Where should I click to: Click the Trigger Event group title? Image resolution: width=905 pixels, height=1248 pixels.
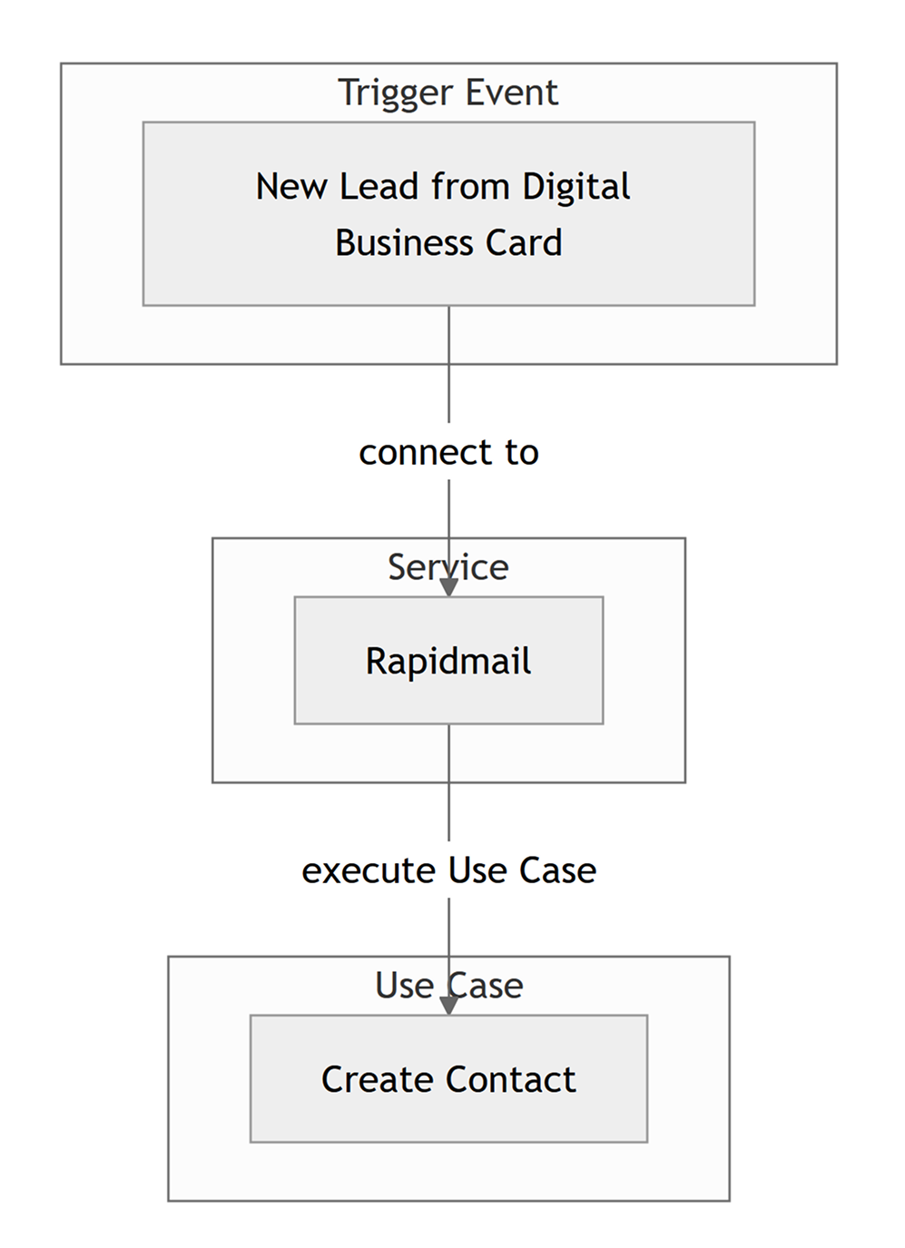click(448, 93)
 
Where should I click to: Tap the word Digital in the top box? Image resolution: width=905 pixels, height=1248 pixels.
click(575, 187)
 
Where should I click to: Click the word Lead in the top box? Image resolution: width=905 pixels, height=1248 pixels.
click(379, 187)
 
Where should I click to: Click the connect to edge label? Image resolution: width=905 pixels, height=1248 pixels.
click(448, 452)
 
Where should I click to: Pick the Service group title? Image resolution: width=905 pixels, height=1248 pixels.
click(448, 567)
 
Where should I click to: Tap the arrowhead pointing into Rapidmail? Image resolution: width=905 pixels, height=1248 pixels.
click(448, 586)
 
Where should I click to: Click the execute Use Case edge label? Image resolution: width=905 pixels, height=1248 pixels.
click(448, 870)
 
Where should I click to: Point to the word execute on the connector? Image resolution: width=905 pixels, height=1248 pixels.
click(369, 870)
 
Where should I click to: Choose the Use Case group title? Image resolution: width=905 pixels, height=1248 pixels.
click(448, 986)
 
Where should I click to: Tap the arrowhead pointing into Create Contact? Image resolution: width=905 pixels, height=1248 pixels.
click(448, 1005)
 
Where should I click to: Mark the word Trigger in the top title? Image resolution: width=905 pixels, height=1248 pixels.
click(395, 93)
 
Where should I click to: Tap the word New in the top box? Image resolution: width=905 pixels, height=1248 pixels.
click(290, 187)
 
